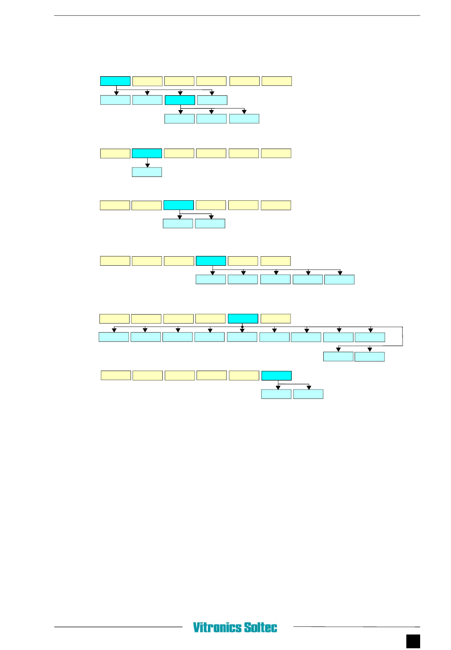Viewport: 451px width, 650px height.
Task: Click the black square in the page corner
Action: click(x=413, y=641)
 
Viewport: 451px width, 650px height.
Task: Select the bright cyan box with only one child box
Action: click(x=147, y=153)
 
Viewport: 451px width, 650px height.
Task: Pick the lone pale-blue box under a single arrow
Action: click(x=147, y=172)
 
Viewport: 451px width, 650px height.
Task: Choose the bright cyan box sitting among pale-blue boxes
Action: click(x=180, y=100)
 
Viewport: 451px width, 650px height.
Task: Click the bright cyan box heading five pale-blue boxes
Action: click(x=211, y=261)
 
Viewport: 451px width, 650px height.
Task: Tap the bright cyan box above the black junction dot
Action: click(x=243, y=319)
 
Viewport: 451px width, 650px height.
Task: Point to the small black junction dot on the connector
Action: click(x=242, y=327)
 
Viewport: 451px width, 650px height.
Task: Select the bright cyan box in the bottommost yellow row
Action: click(x=276, y=375)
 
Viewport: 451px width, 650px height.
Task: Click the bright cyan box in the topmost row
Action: click(x=115, y=81)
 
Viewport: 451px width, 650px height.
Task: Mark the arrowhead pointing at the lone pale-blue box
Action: click(x=147, y=166)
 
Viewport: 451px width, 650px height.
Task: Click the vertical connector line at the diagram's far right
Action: click(x=403, y=336)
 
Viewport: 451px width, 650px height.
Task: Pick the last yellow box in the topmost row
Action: click(x=277, y=81)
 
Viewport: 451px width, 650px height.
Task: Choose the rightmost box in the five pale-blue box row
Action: click(x=339, y=280)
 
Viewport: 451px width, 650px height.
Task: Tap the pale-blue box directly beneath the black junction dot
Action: click(x=242, y=337)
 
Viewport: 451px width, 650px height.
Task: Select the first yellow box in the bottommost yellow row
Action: click(x=116, y=375)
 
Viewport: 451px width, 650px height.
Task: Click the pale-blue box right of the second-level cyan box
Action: click(x=212, y=100)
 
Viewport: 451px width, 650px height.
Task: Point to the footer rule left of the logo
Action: click(x=118, y=627)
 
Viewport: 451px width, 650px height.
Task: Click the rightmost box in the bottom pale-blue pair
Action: click(x=309, y=394)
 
